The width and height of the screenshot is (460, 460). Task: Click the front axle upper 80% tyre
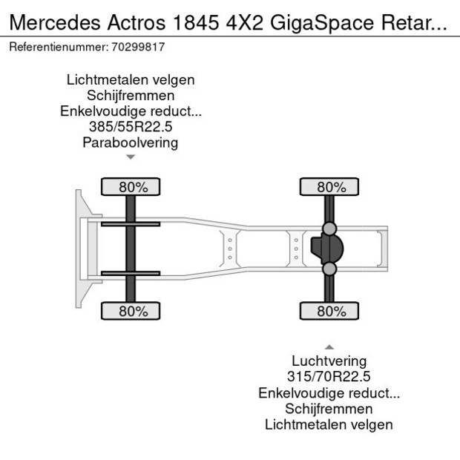pyautogui.click(x=131, y=187)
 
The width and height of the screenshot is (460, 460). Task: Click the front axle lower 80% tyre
pyautogui.click(x=131, y=312)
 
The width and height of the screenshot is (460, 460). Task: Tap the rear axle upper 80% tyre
pyautogui.click(x=329, y=187)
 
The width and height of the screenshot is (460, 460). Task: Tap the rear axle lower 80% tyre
pyautogui.click(x=329, y=312)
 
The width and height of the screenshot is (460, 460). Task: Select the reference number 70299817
pyautogui.click(x=139, y=47)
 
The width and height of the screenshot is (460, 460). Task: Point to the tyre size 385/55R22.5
pyautogui.click(x=131, y=127)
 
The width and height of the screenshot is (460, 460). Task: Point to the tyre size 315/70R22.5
pyautogui.click(x=329, y=377)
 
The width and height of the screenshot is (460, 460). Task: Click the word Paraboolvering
pyautogui.click(x=131, y=142)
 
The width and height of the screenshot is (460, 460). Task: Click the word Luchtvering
pyautogui.click(x=329, y=361)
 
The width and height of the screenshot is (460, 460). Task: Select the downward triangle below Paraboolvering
pyautogui.click(x=131, y=157)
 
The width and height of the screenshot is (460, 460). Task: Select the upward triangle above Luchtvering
pyautogui.click(x=329, y=346)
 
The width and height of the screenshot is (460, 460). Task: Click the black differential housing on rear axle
pyautogui.click(x=324, y=249)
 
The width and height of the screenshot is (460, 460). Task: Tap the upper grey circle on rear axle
pyautogui.click(x=329, y=229)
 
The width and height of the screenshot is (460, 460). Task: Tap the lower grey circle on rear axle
pyautogui.click(x=329, y=269)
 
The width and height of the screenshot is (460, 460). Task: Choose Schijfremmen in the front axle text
pyautogui.click(x=131, y=96)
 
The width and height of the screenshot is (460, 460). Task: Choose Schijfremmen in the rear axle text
pyautogui.click(x=329, y=409)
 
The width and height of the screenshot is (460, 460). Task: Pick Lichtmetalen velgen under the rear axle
pyautogui.click(x=329, y=424)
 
